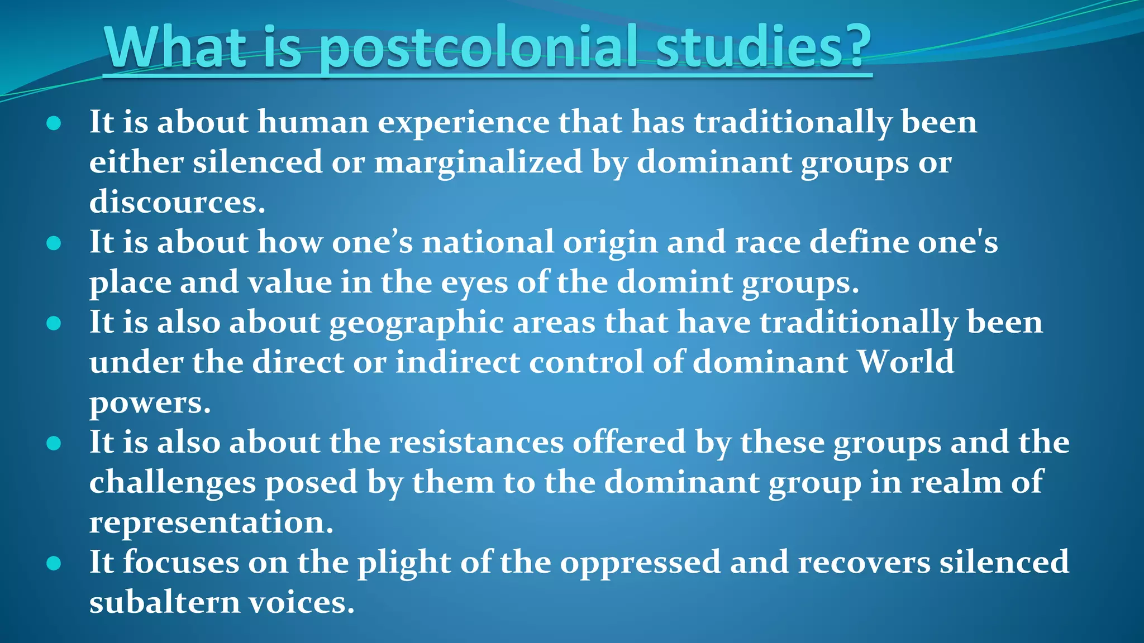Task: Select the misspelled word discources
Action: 177,202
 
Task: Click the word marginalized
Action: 478,162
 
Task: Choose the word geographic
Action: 416,323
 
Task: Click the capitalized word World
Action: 905,362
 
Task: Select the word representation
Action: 211,522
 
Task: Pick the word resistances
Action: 476,443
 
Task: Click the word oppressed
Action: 640,562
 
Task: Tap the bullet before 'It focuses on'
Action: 54,563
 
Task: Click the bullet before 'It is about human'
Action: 54,123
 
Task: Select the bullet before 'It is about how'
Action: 54,243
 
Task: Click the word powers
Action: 150,403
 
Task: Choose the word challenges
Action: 172,482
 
